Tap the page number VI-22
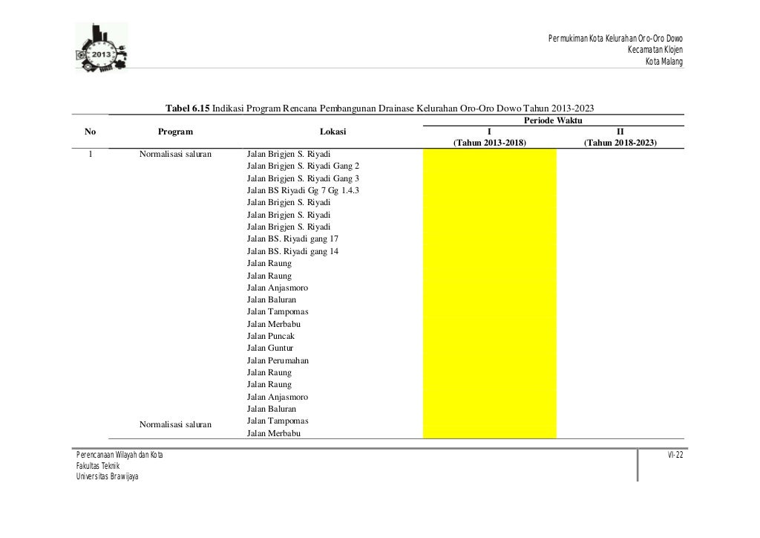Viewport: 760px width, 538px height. (675, 454)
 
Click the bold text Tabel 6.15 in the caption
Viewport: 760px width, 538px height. (188, 108)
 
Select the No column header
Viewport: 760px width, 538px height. (91, 132)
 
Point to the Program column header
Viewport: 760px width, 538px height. (175, 132)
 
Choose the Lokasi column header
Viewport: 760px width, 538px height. (332, 132)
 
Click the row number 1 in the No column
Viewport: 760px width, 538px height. (91, 154)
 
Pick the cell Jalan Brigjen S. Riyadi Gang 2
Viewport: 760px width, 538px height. (303, 166)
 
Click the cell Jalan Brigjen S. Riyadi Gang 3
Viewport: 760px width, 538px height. (303, 178)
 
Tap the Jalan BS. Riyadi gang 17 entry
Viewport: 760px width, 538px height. (293, 239)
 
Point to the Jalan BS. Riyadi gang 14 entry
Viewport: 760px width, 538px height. (293, 251)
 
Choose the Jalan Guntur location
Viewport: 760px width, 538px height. (270, 348)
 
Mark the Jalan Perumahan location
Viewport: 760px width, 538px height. (278, 360)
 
